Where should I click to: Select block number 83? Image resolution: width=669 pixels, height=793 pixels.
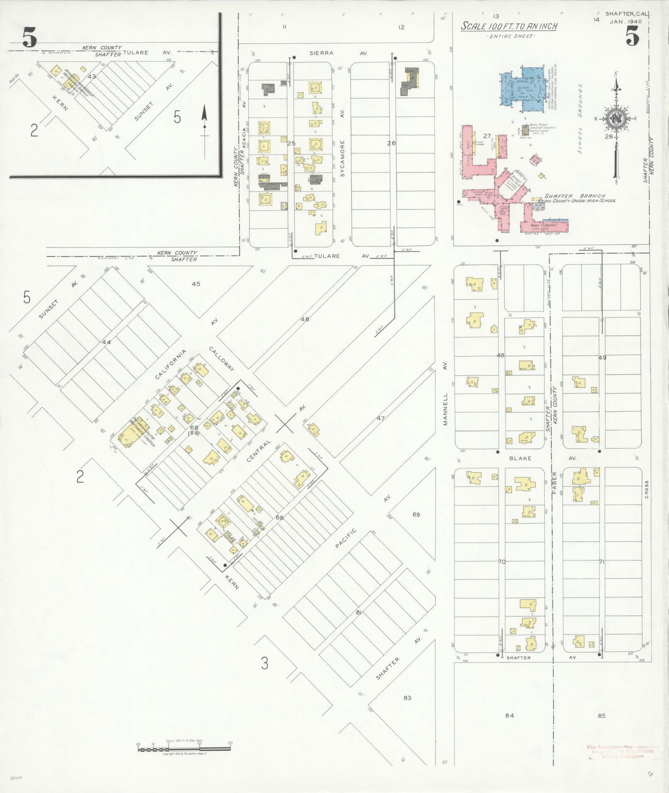(407, 698)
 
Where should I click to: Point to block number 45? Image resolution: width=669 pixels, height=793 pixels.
(196, 284)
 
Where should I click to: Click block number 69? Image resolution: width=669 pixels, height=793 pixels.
(416, 514)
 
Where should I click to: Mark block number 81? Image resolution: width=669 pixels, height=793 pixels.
(359, 612)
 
